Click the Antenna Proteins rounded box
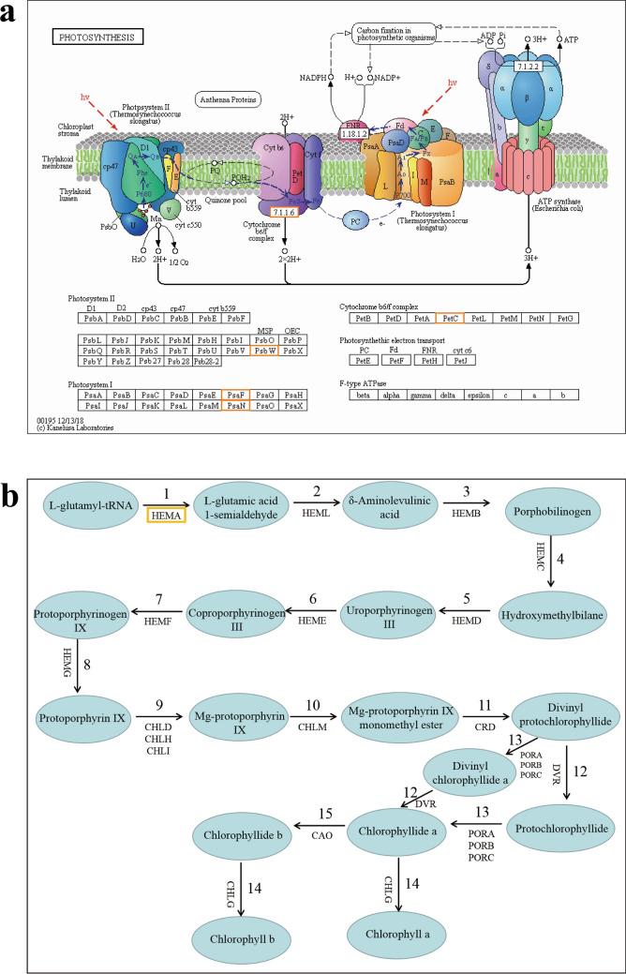(229, 98)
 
